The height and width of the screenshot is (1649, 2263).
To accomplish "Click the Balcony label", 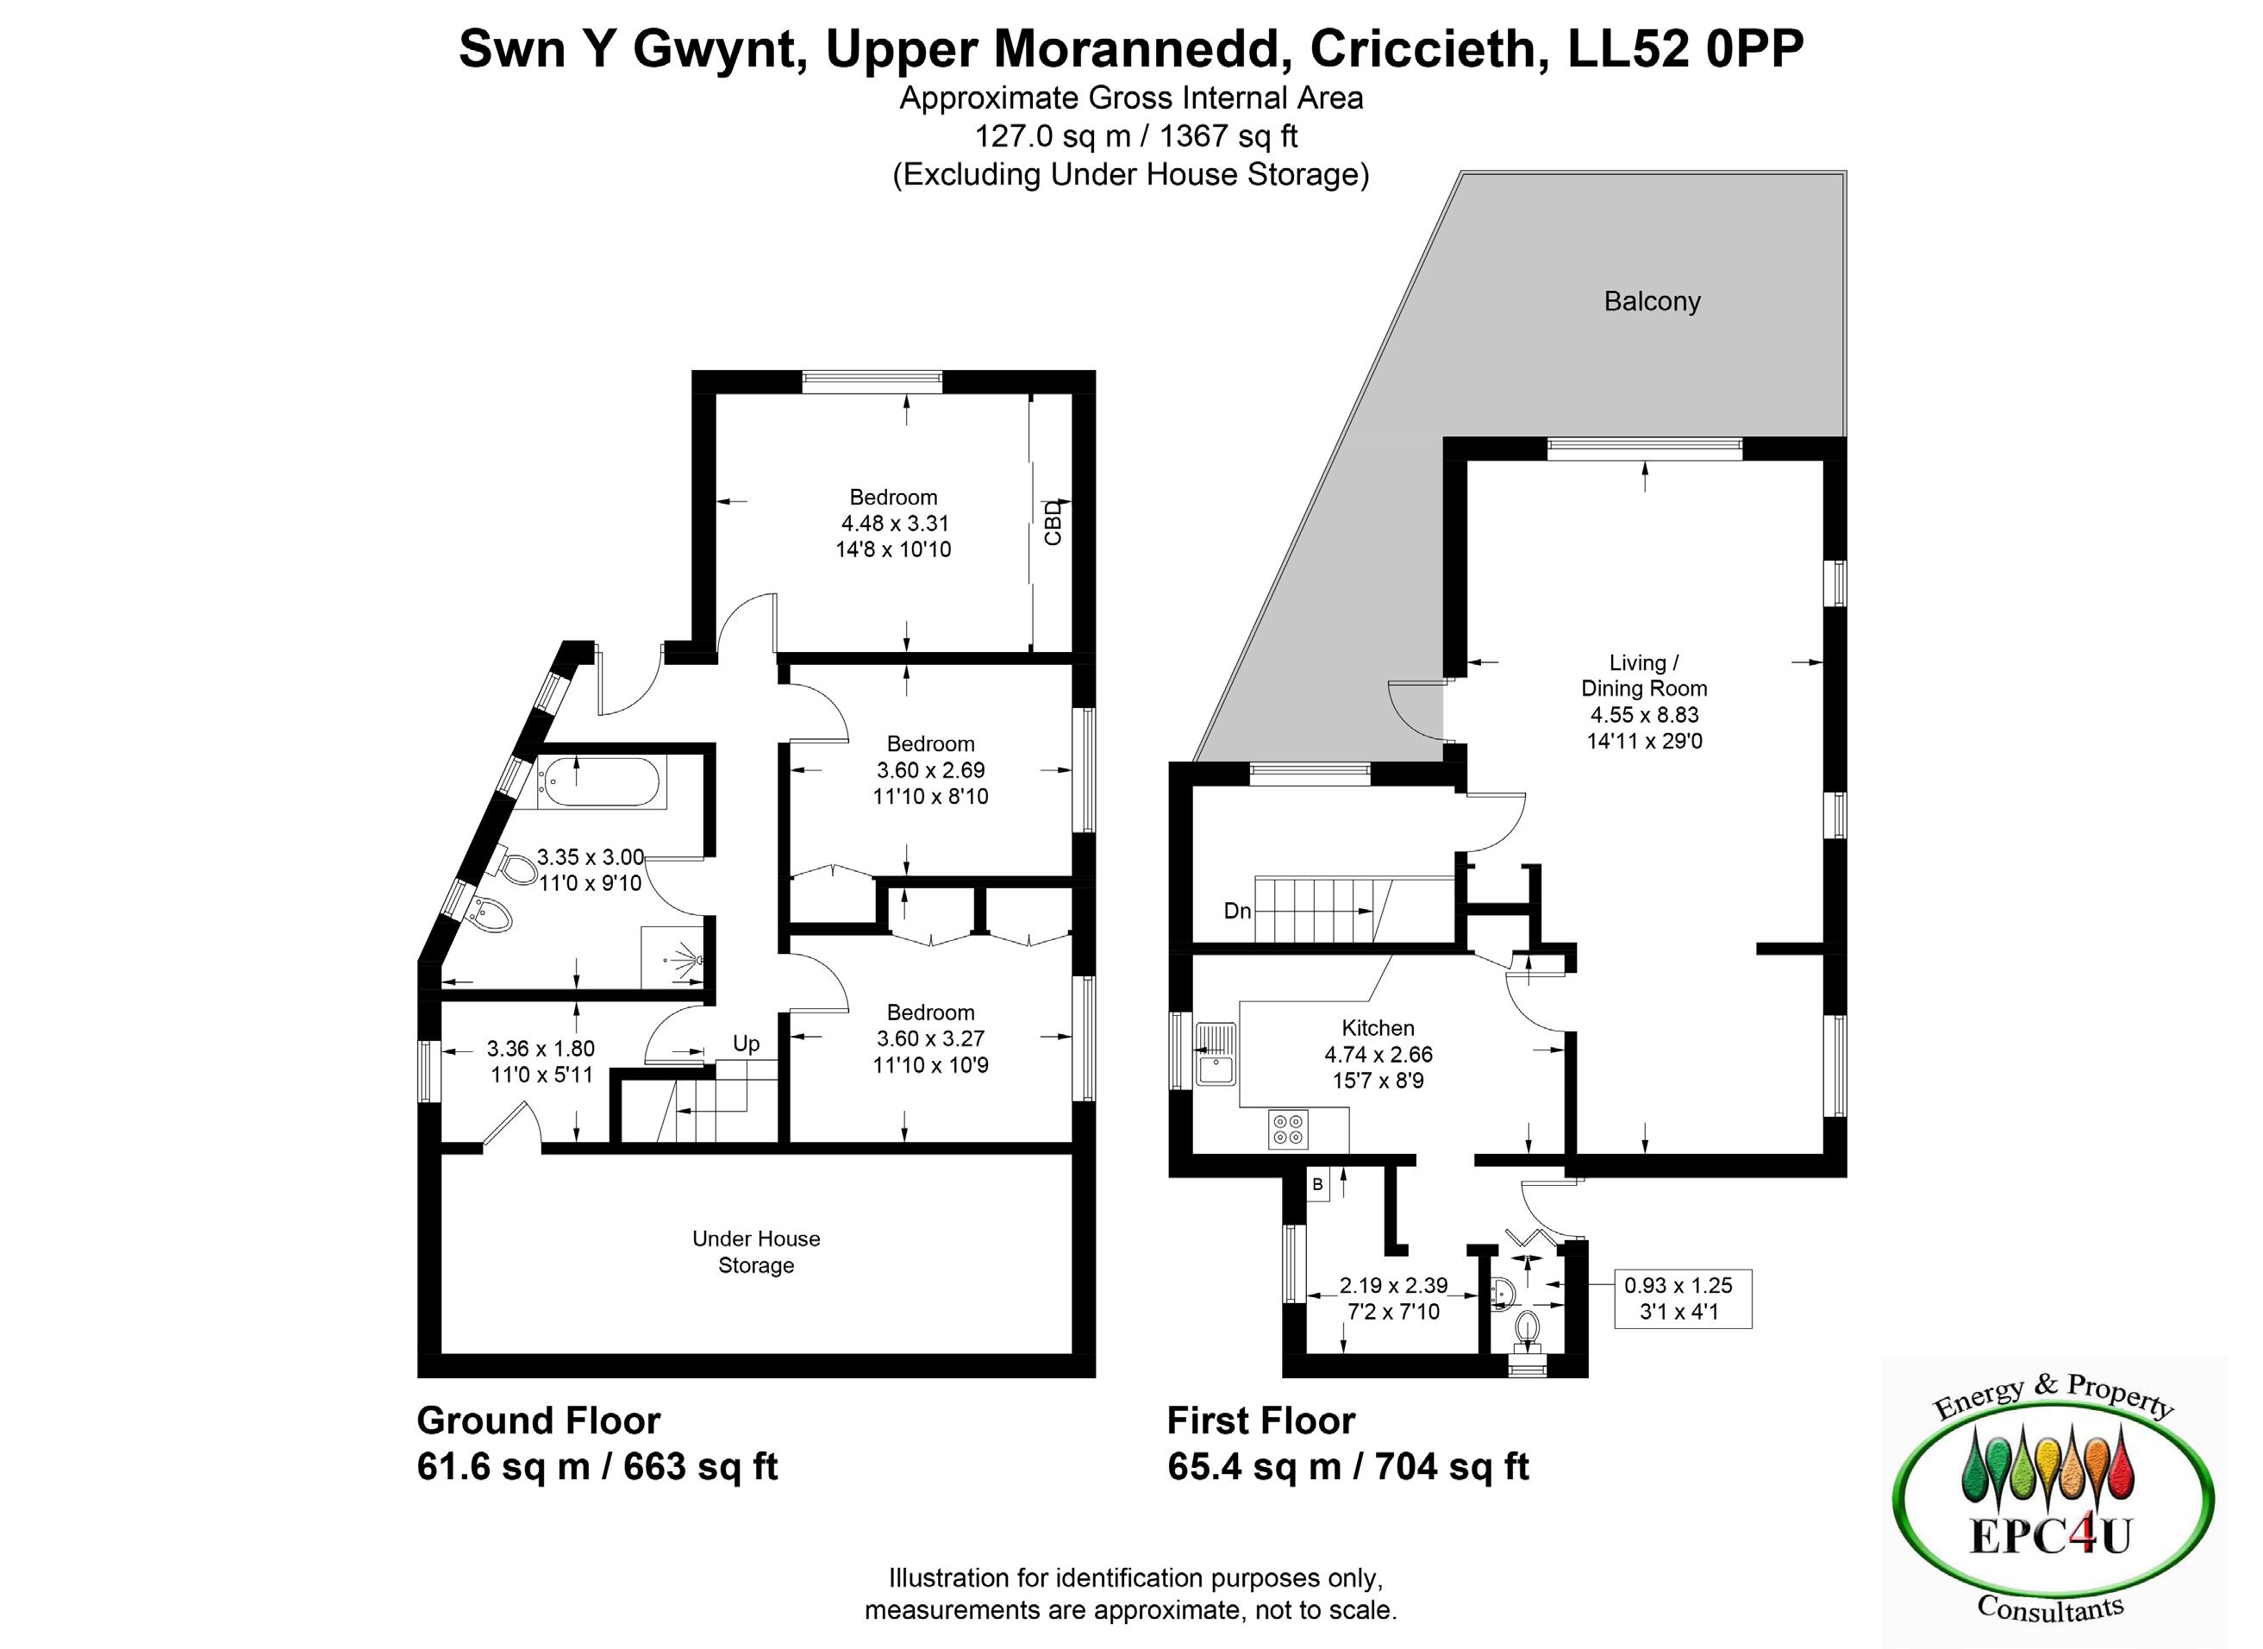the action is tap(1652, 302).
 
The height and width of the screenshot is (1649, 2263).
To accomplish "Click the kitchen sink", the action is tap(1216, 1055).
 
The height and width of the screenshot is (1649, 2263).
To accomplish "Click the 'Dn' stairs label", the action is tap(1237, 911).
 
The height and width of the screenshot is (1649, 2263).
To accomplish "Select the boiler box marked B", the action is tap(1318, 1185).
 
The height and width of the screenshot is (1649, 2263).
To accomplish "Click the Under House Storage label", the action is tap(756, 1251).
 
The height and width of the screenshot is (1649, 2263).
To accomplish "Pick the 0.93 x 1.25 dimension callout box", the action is tap(1682, 1299).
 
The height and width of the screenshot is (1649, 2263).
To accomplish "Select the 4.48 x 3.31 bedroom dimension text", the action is tap(893, 523).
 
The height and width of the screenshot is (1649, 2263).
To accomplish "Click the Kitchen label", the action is tap(1378, 1028).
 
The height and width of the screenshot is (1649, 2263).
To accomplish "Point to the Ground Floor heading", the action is tap(539, 1420).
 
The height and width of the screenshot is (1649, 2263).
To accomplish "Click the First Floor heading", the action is tap(1261, 1420).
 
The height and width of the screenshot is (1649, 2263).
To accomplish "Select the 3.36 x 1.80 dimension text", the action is tap(541, 1049).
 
